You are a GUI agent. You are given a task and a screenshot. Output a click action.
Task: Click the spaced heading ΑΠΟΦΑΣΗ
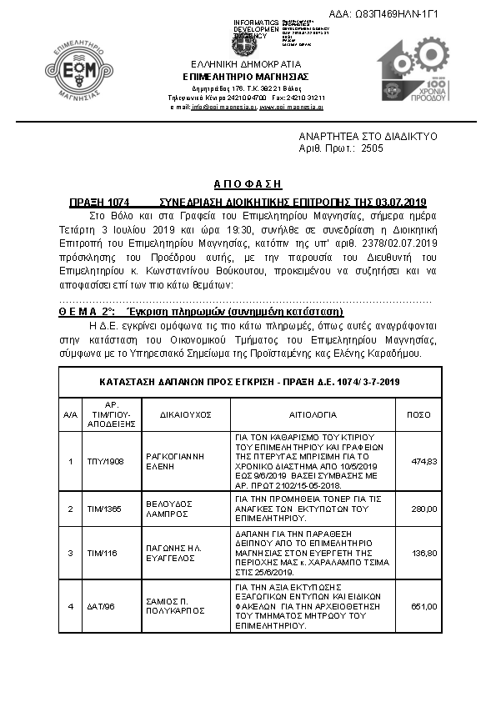pyautogui.click(x=248, y=183)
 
